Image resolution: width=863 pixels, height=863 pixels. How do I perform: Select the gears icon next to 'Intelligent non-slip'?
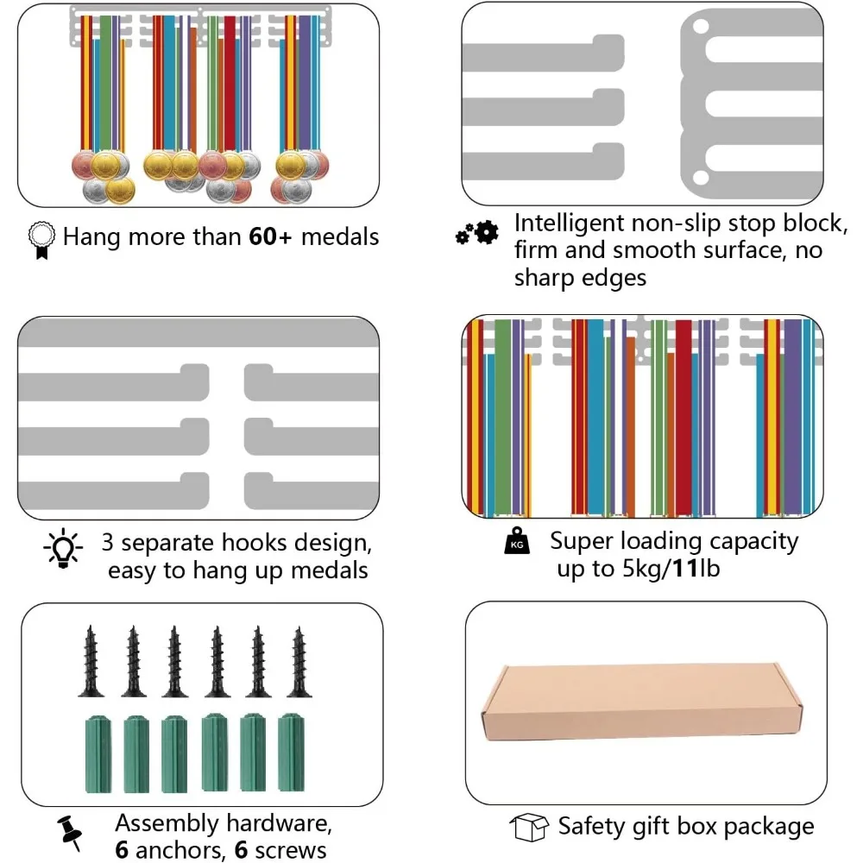(x=477, y=231)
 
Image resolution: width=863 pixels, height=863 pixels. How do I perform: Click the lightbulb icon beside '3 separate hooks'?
(x=63, y=549)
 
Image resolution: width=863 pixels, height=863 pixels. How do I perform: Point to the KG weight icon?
(x=515, y=542)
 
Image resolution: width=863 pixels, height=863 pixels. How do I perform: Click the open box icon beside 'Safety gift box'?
(x=529, y=827)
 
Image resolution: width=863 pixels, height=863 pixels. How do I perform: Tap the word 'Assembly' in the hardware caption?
(x=170, y=822)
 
